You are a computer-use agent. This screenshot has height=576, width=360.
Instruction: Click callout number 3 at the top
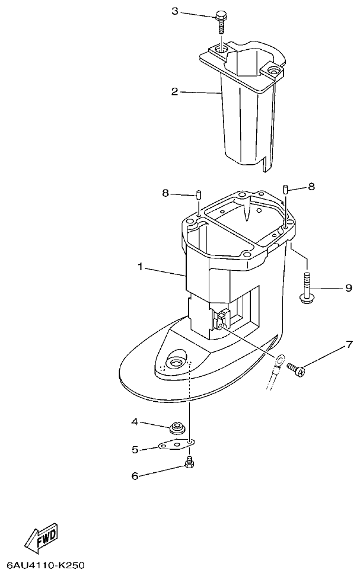(174, 11)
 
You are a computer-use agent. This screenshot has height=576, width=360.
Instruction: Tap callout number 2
(174, 91)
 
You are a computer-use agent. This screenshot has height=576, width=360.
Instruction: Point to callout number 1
(141, 268)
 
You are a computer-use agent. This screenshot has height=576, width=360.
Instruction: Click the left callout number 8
(166, 193)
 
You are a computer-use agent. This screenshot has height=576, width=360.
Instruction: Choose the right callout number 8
(311, 187)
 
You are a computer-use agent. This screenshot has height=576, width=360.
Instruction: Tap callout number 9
(349, 289)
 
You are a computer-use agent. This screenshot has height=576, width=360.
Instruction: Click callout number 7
(349, 344)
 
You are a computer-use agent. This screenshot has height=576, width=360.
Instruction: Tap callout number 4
(135, 422)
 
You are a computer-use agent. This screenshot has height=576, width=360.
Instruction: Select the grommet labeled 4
(176, 427)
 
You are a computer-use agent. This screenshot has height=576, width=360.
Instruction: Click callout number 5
(135, 450)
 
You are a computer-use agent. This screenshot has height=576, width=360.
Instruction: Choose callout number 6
(135, 475)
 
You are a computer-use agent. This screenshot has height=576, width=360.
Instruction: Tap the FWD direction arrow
(41, 538)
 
